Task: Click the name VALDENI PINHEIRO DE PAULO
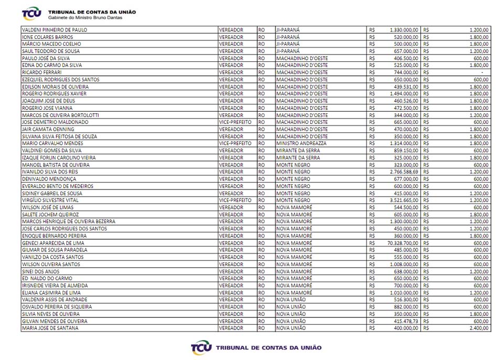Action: point(54,30)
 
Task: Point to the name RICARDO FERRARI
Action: point(41,72)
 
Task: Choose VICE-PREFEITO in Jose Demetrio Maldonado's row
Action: point(235,122)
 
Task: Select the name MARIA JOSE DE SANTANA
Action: point(50,328)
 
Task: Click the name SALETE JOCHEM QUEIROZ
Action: point(50,214)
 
